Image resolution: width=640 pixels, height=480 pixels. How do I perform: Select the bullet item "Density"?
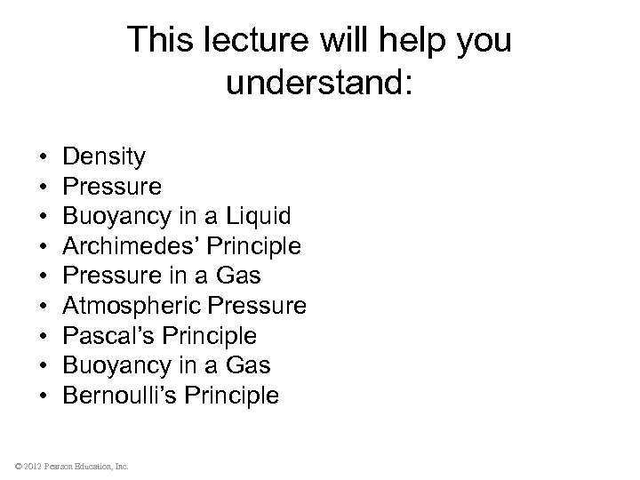point(104,157)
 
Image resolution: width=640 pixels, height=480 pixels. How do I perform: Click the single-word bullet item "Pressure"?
point(112,187)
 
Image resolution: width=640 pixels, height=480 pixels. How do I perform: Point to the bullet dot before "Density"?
point(44,158)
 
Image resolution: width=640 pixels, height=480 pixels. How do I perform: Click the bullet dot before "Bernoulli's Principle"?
point(44,396)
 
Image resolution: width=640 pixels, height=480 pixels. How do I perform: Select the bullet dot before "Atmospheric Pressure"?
point(44,307)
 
